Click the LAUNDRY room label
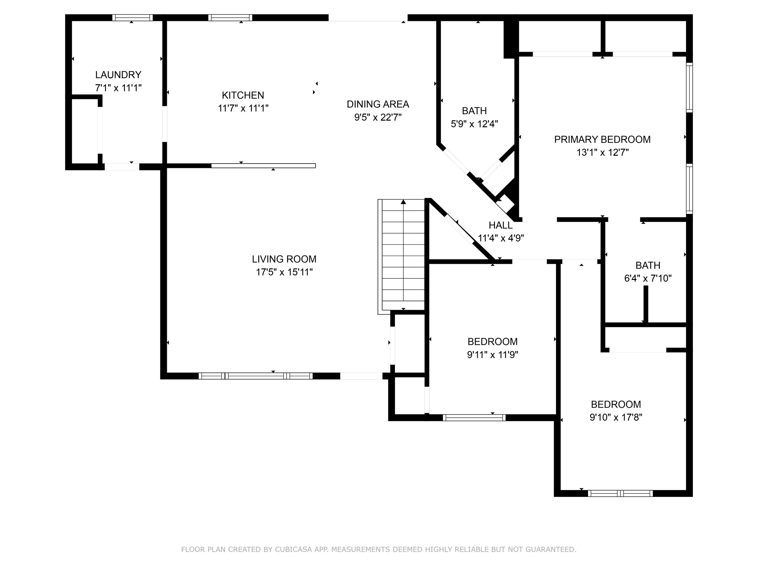[x=118, y=75]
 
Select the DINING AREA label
[x=378, y=104]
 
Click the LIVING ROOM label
[x=284, y=259]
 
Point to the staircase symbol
[x=403, y=255]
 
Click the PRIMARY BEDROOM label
[x=602, y=140]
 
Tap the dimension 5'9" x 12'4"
[x=474, y=124]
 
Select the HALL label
[x=500, y=225]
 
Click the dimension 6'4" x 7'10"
[x=648, y=278]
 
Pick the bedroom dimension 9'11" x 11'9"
[x=492, y=355]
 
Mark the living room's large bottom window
[x=256, y=376]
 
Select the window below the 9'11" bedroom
[x=474, y=418]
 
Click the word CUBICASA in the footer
[x=293, y=550]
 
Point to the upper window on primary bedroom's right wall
[x=689, y=87]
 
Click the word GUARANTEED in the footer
[x=551, y=550]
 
